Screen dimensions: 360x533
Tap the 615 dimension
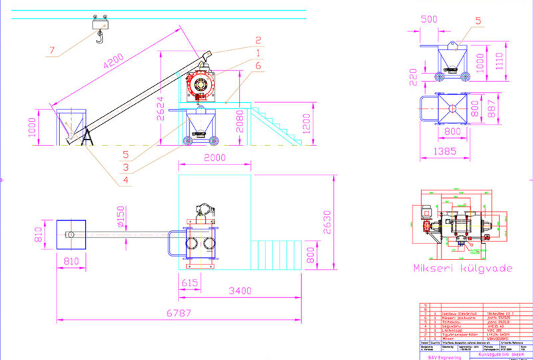click(x=190, y=283)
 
